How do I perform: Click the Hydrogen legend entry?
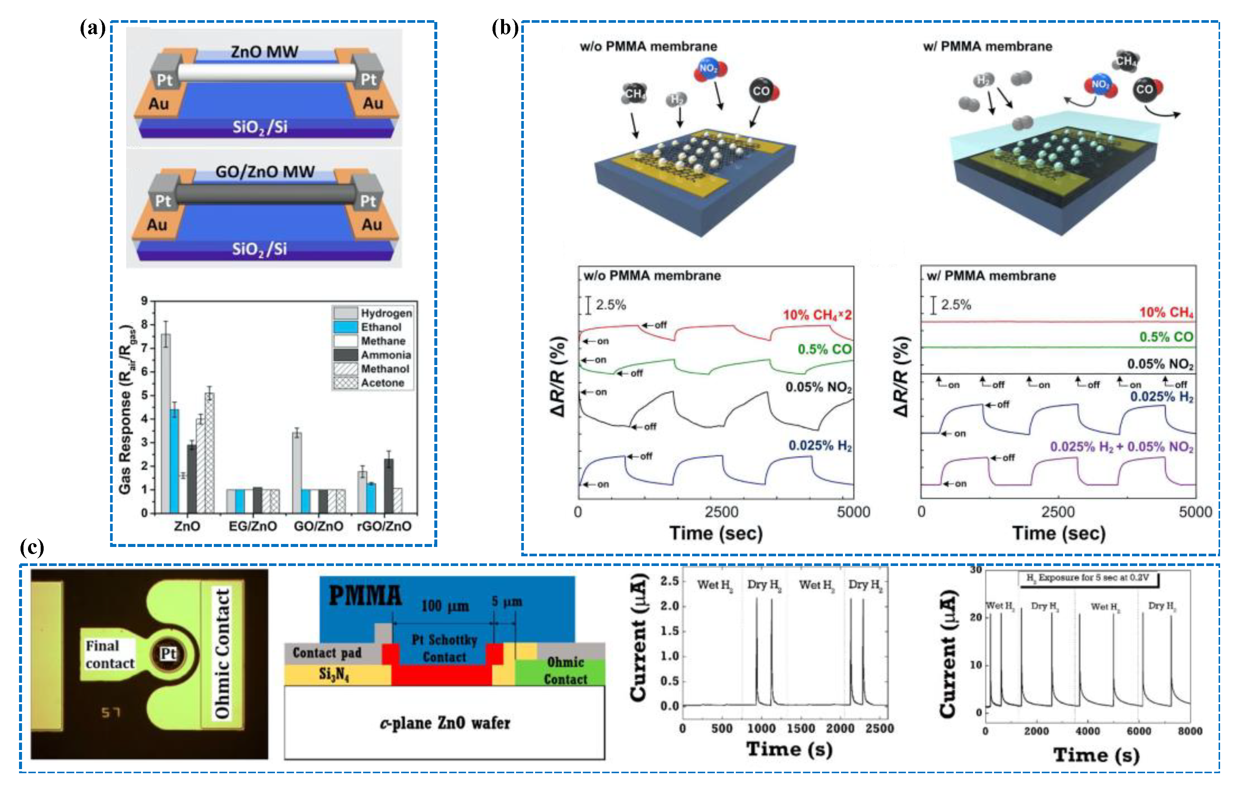[x=386, y=313]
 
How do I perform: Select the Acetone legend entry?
[x=382, y=383]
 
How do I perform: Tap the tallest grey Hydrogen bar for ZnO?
[x=166, y=422]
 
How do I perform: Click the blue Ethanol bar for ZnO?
[x=175, y=460]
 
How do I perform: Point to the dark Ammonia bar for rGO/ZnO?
[x=389, y=486]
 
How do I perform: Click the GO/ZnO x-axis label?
[x=318, y=526]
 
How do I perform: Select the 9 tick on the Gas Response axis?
[x=144, y=301]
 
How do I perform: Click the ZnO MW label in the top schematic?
[x=264, y=52]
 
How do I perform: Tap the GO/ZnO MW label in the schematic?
[x=265, y=172]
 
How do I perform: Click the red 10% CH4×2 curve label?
[x=817, y=315]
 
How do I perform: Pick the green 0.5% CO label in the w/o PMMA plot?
[x=824, y=349]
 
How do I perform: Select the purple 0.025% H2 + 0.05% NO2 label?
[x=1121, y=447]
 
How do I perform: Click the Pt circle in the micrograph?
[x=168, y=654]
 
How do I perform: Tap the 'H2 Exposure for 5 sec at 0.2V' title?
[x=1087, y=578]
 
